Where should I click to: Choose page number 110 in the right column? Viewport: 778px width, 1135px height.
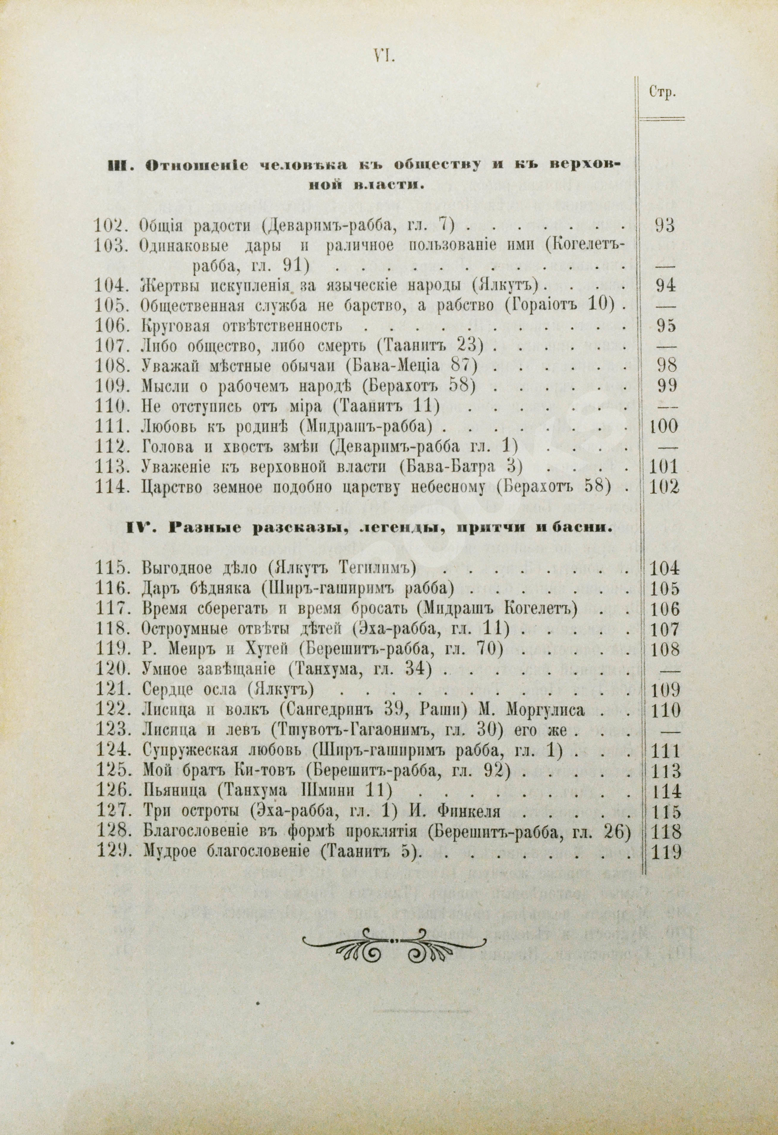tap(665, 710)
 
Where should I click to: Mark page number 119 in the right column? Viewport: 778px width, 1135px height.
tap(665, 852)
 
